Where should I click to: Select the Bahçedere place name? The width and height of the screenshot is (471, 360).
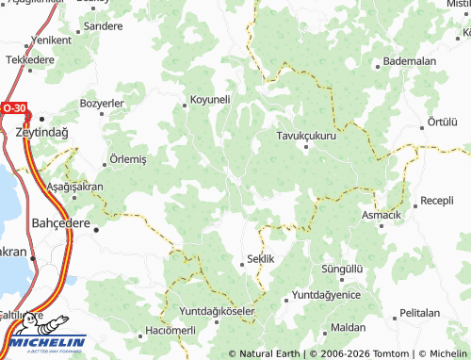tap(59, 225)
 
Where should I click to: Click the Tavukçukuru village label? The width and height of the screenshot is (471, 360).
tap(306, 135)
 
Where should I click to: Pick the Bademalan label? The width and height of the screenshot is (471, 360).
tap(407, 61)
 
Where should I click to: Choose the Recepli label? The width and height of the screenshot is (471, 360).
tap(437, 200)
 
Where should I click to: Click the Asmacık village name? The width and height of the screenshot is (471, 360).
tap(382, 216)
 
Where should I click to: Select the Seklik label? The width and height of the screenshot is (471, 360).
tap(259, 258)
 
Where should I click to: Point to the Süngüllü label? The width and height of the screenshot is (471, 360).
tap(342, 269)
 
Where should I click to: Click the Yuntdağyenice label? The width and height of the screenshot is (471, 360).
tap(327, 295)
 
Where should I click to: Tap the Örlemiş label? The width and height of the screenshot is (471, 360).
tap(128, 159)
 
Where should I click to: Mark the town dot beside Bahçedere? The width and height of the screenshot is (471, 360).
tap(95, 226)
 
